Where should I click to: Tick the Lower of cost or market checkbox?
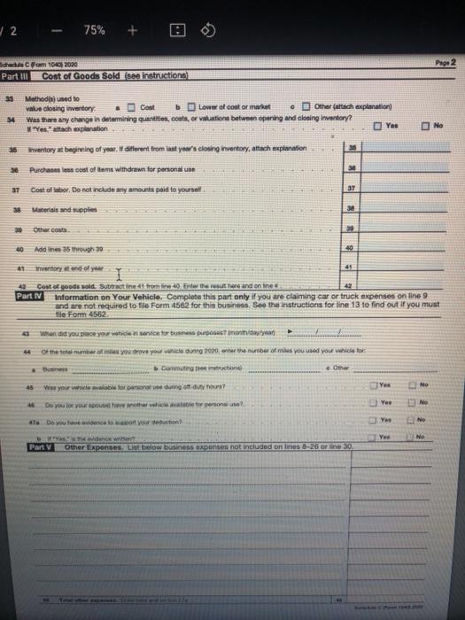click(191, 107)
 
